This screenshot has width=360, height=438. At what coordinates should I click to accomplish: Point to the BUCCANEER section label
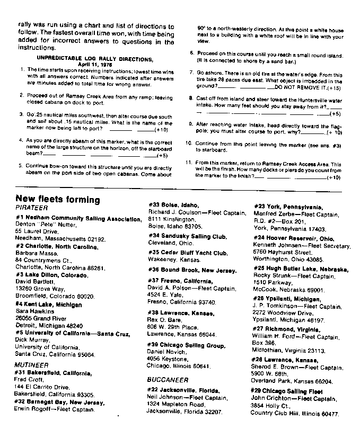(169, 379)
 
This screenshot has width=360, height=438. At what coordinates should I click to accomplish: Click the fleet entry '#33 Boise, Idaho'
(173, 205)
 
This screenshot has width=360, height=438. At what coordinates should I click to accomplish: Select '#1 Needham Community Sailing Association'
(78, 218)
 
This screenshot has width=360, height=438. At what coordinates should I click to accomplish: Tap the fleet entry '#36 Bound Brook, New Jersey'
(192, 270)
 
